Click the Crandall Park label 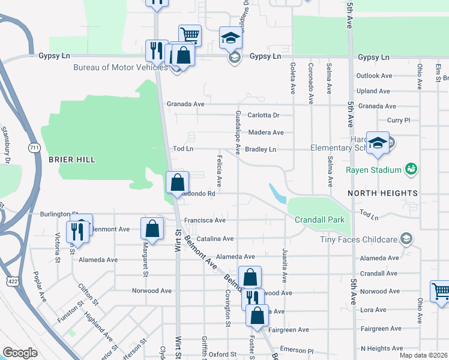[319, 220]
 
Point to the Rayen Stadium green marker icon [411, 170]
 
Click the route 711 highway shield [33, 147]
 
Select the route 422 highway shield [13, 280]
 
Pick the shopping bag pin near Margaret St [152, 228]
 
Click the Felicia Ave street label [219, 169]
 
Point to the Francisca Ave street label [205, 220]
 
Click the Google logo [20, 353]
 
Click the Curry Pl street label [399, 121]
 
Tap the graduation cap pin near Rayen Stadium [378, 143]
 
